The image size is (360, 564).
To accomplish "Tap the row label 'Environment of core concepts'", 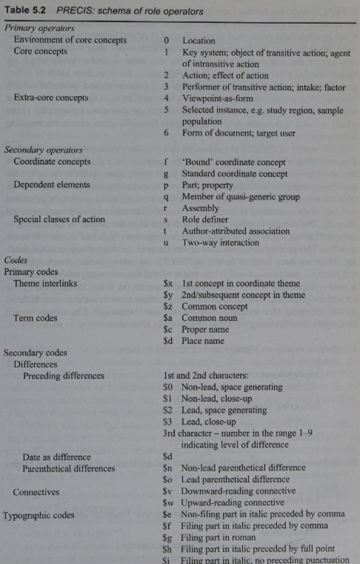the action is (x=70, y=40).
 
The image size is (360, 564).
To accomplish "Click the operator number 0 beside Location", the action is (x=167, y=41).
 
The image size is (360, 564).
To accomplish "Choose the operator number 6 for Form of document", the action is (x=167, y=133).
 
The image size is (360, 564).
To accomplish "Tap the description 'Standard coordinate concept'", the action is (x=239, y=173).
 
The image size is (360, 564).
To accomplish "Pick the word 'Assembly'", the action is (x=201, y=208).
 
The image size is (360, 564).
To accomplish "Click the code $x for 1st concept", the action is (x=168, y=283).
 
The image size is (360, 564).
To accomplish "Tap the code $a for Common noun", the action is (x=168, y=318).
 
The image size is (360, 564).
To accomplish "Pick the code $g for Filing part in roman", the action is (x=168, y=537).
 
